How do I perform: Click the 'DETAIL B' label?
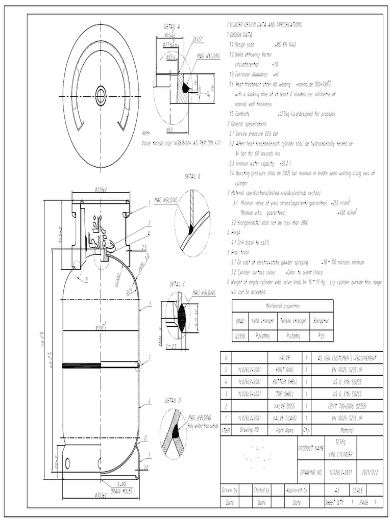(x=192, y=176)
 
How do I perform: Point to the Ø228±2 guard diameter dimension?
(x=101, y=189)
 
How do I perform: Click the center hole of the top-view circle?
(x=101, y=95)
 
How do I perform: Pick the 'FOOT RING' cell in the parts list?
(x=285, y=369)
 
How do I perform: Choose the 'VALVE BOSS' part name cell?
(x=285, y=406)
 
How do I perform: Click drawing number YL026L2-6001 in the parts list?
(x=249, y=381)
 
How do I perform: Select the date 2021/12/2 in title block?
(x=370, y=472)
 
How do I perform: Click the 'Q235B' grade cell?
(x=240, y=336)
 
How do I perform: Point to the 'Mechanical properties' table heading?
(x=282, y=306)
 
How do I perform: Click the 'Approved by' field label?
(x=297, y=490)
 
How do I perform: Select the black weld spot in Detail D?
(x=176, y=432)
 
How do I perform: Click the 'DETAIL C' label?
(x=177, y=284)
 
